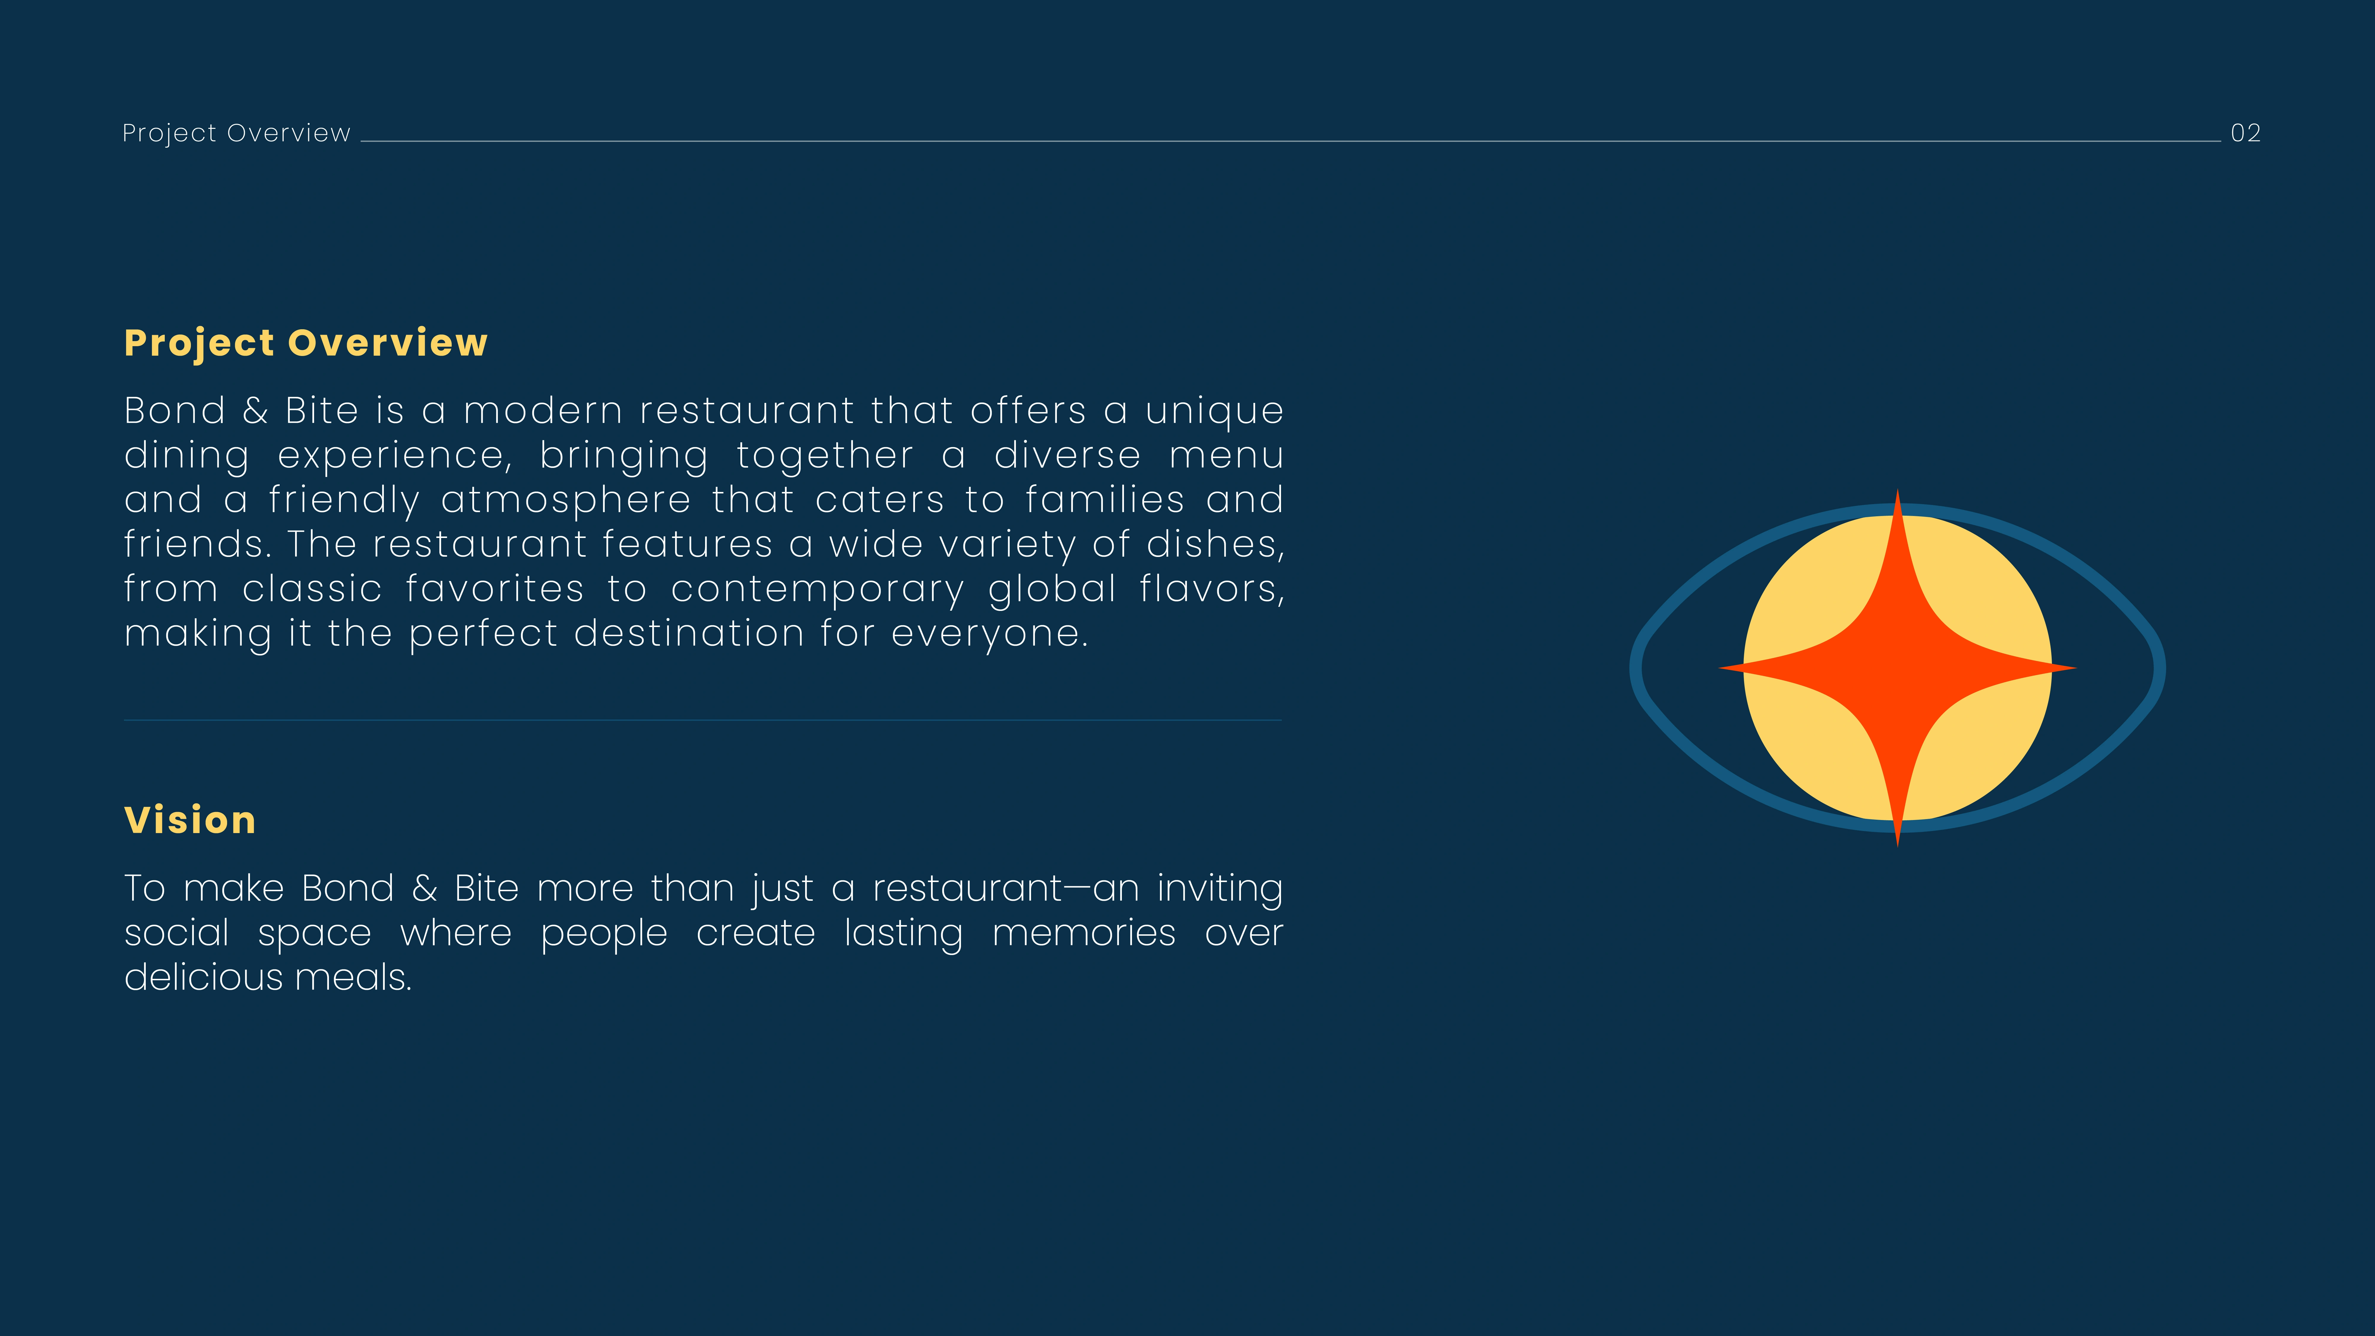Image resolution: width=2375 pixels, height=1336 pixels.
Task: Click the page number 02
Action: (x=2245, y=133)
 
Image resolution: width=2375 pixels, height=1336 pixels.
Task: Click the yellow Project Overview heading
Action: (x=306, y=343)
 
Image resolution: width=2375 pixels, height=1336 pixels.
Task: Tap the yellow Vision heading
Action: (x=190, y=820)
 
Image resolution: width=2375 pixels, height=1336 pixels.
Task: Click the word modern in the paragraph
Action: (x=543, y=410)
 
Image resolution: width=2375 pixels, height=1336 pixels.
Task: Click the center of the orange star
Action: (x=1897, y=667)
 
